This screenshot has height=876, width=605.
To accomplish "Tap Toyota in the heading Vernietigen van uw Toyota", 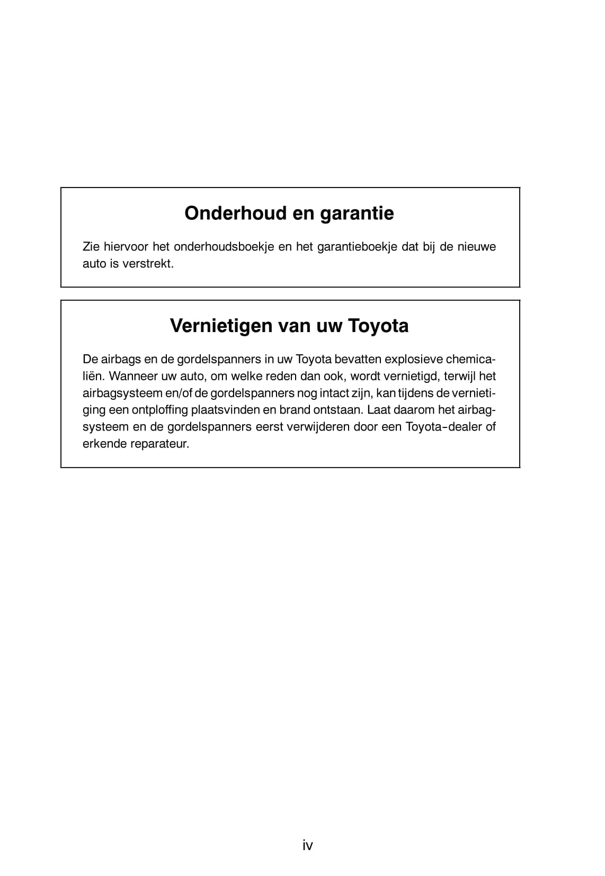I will click(x=378, y=326).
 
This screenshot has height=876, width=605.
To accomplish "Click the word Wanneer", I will click(x=131, y=376).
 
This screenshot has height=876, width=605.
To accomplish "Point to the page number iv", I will click(x=308, y=845).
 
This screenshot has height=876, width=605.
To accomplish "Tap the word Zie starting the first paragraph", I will click(x=91, y=247).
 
